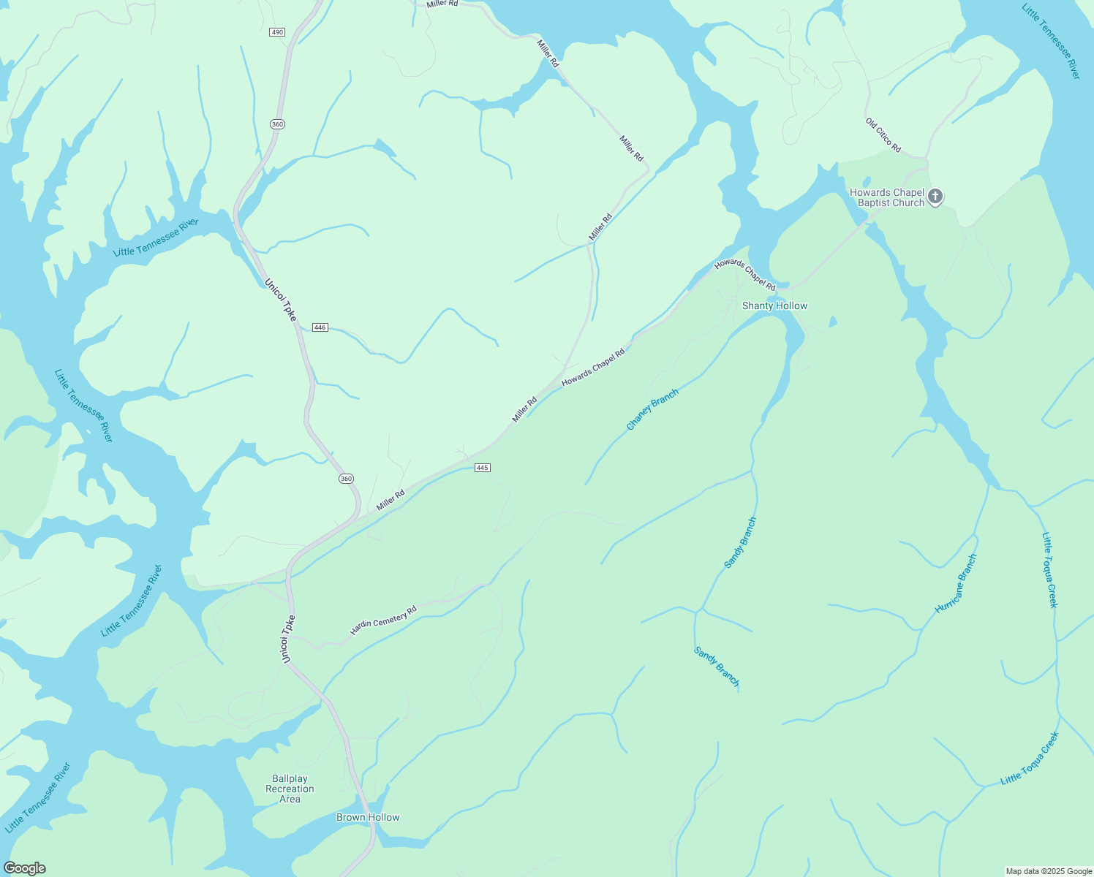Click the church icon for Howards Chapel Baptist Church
point(935,197)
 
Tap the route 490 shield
point(276,32)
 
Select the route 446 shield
point(320,327)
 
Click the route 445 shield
point(482,468)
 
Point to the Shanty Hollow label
point(774,305)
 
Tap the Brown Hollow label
point(368,817)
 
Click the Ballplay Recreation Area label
point(290,789)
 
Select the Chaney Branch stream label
point(652,409)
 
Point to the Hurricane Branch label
point(956,583)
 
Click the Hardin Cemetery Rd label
point(383,620)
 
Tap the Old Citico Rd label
point(883,136)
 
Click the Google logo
point(24,868)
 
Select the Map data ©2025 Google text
point(1049,871)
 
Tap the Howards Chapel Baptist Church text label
point(886,197)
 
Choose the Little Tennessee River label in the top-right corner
point(1051,42)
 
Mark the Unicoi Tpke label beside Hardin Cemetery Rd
point(289,639)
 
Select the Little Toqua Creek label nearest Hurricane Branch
point(1049,569)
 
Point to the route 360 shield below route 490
point(277,124)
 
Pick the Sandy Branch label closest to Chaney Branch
point(740,542)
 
